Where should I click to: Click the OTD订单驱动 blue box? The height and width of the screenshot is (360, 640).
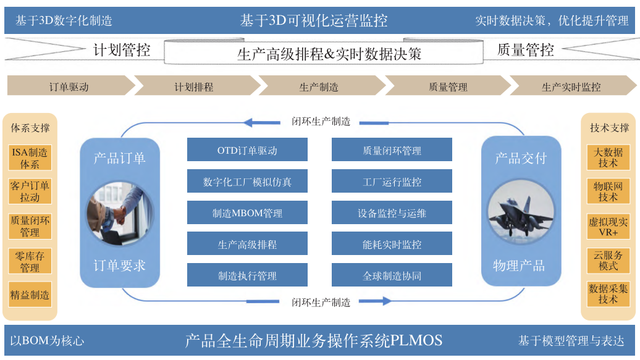point(247,150)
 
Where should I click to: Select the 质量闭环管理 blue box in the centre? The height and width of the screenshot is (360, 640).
point(392,150)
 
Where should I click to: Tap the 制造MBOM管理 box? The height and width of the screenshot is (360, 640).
point(247,213)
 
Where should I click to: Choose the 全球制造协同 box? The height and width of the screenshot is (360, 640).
point(392,276)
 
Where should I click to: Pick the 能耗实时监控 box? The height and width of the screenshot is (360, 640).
point(392,245)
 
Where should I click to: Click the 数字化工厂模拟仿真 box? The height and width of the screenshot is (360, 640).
point(247,182)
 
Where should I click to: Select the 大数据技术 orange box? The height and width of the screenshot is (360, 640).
point(608,157)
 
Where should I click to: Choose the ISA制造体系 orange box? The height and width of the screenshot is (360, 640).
point(30,158)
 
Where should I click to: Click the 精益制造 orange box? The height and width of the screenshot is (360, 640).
point(30,295)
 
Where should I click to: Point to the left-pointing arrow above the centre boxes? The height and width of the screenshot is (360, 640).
point(264,122)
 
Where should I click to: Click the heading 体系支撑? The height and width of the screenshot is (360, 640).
point(30,128)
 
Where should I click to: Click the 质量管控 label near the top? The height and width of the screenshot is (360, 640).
point(526,50)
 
